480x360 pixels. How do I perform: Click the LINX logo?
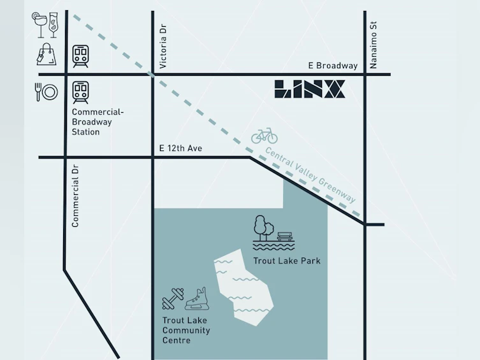[x=310, y=89]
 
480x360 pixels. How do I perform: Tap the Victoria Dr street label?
[x=163, y=46]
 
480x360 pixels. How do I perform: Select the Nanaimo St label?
[x=373, y=45]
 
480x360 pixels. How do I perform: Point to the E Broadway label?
[x=333, y=66]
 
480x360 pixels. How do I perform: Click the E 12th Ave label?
[x=180, y=148]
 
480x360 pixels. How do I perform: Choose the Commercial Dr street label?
[x=75, y=196]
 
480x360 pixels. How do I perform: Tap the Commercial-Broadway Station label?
[x=98, y=122]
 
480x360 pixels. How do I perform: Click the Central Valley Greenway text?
[x=310, y=175]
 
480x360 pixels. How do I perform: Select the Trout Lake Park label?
[x=287, y=261]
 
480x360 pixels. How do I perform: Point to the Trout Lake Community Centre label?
[x=186, y=330]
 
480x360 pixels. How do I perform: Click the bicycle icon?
[x=265, y=136]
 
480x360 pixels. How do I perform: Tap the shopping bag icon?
[x=47, y=54]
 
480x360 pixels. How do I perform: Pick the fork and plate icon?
[x=47, y=92]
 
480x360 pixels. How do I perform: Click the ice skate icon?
[x=197, y=299]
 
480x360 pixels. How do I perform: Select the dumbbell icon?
[x=173, y=299]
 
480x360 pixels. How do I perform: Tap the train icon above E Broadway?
[x=80, y=56]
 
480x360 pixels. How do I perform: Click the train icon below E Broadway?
[x=80, y=92]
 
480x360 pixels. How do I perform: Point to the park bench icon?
[x=285, y=236]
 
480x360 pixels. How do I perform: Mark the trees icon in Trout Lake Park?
[x=263, y=228]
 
